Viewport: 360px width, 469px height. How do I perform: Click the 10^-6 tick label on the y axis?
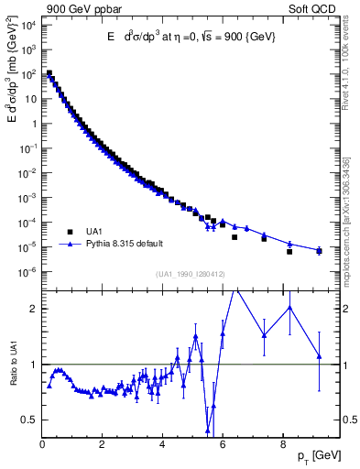29,271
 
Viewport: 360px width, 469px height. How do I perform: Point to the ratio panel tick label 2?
32,309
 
